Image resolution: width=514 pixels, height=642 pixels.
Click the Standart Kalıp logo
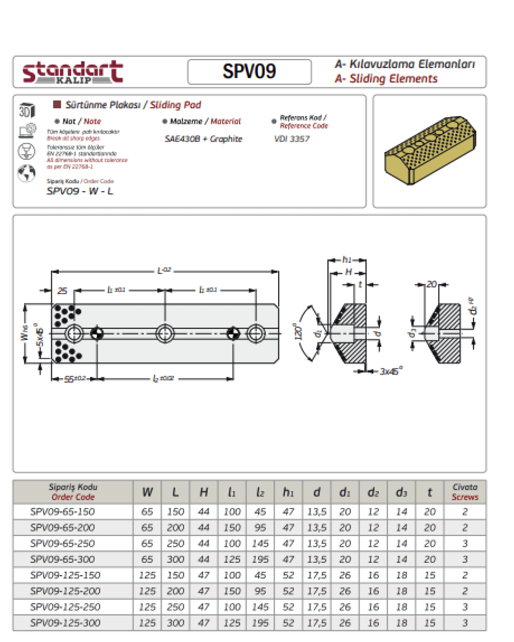coord(73,72)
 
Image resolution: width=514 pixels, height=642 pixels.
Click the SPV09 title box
coord(249,72)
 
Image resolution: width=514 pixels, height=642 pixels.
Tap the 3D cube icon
coord(27,110)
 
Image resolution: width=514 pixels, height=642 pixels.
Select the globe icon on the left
coord(26,173)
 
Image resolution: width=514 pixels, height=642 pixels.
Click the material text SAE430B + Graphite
coord(203,139)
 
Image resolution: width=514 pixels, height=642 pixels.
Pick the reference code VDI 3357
coord(292,139)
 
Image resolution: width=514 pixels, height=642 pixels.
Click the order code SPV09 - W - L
coord(80,191)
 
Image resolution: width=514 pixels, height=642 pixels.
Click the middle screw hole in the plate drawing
coord(165,333)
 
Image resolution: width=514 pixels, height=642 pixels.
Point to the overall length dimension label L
coord(164,271)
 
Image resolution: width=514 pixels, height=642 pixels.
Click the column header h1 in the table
coord(288,492)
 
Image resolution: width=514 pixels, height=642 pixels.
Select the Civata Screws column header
coord(465,492)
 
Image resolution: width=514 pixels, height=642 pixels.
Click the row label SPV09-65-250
coord(62,543)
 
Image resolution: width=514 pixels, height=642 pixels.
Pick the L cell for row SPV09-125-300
coord(175,623)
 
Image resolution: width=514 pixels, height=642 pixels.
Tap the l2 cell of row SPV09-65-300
coord(260,559)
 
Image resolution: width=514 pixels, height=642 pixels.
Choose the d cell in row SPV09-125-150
coord(317,575)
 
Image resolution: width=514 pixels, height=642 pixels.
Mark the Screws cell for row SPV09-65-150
coord(465,512)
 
